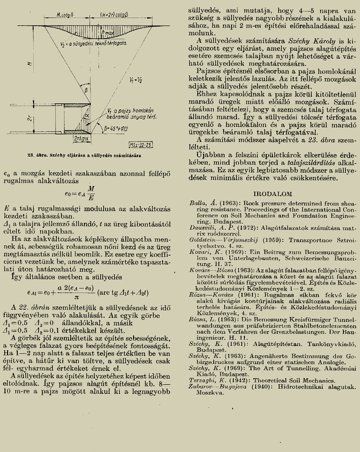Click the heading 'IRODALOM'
(268, 194)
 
